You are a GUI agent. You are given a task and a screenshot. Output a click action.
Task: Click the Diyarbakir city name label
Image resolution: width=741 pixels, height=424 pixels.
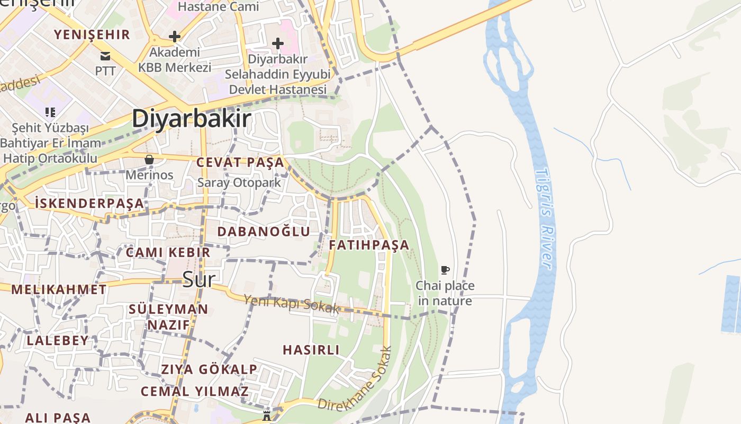tap(191, 118)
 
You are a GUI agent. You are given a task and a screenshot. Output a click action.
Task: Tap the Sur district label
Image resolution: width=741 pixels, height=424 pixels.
tap(198, 279)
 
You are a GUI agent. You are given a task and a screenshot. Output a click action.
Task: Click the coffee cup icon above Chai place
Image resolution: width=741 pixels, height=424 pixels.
tap(445, 270)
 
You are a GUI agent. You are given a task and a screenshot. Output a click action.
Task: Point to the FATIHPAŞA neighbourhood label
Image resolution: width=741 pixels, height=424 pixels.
tap(369, 245)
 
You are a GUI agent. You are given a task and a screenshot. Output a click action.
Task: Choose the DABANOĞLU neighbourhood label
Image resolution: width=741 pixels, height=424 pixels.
tap(264, 231)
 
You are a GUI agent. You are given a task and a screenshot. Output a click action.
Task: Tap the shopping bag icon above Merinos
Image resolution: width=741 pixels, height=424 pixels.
tap(149, 160)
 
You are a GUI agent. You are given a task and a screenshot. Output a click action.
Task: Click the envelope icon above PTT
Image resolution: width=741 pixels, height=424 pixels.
tap(105, 56)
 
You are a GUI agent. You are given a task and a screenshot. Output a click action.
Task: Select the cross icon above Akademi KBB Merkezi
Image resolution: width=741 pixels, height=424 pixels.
tap(174, 37)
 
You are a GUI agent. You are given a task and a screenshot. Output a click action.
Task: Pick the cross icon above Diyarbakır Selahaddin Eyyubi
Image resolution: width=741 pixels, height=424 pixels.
tap(277, 43)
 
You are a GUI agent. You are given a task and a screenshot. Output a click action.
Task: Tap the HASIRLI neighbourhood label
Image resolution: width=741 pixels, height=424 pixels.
tap(311, 350)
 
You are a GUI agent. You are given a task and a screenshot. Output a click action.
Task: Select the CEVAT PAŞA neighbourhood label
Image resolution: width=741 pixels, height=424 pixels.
tap(240, 162)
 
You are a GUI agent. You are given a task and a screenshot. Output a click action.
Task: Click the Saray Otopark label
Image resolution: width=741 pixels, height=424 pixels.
tap(239, 182)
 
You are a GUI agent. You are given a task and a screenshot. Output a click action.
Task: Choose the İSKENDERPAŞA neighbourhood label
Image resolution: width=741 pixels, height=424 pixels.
tap(89, 202)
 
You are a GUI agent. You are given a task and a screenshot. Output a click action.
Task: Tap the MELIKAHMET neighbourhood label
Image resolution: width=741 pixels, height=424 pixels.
tap(59, 289)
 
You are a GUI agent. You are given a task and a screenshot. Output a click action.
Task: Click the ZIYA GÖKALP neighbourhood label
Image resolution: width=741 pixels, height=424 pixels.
tap(209, 369)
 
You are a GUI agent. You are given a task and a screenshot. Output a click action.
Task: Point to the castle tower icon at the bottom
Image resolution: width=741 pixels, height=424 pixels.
tap(267, 416)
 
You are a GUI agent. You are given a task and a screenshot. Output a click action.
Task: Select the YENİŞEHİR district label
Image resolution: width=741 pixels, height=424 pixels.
tap(92, 35)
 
